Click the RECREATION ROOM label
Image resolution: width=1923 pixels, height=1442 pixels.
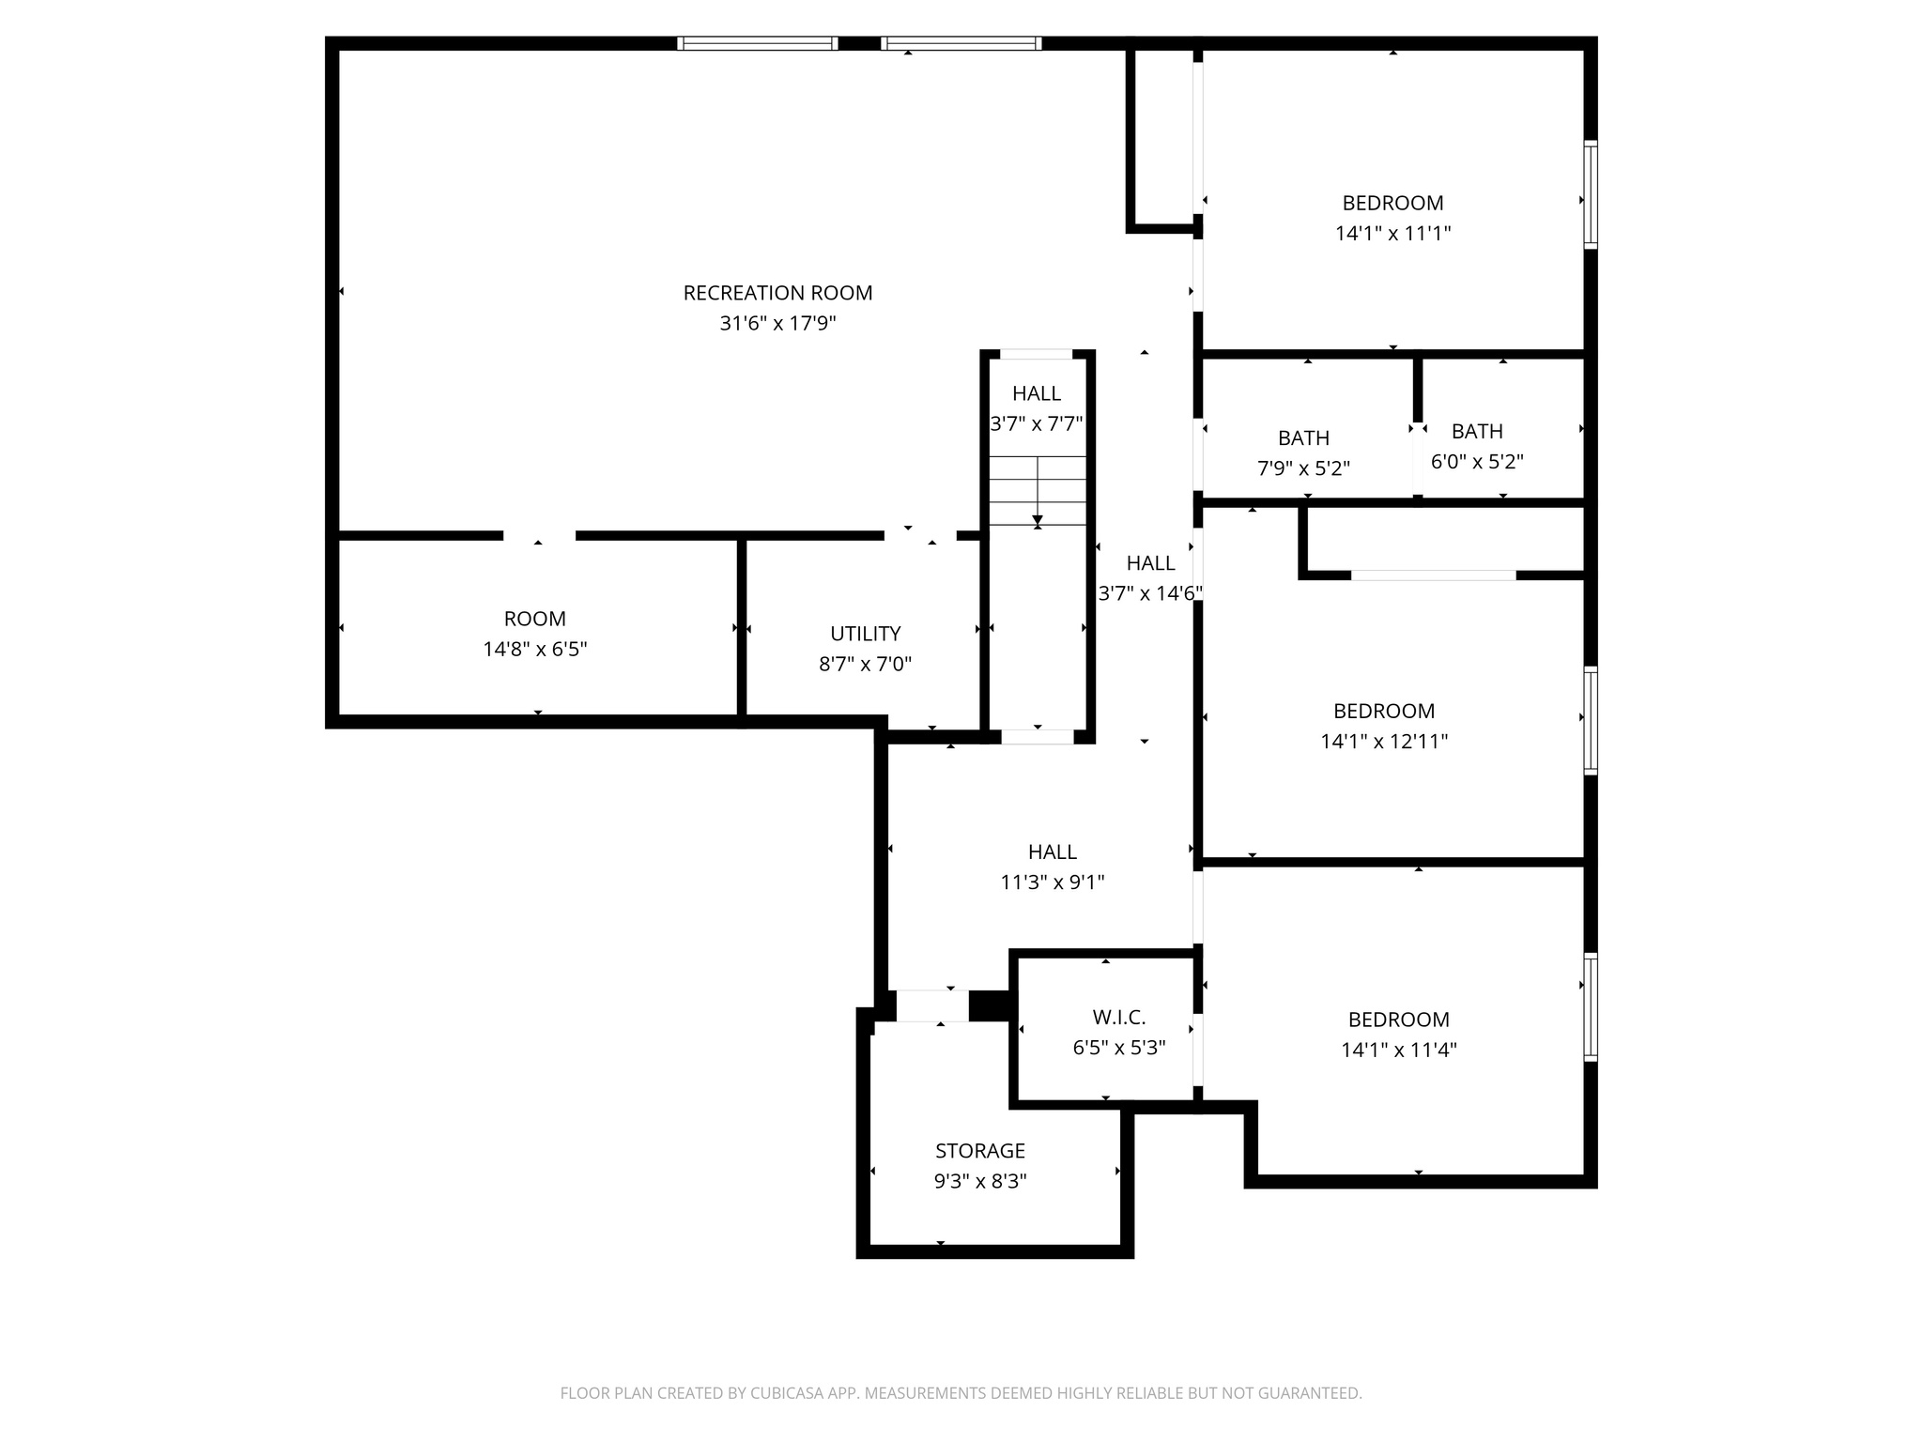coord(777,293)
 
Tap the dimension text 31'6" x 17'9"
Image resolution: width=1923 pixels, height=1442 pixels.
coord(777,324)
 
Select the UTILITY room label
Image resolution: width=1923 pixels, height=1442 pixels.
coord(865,634)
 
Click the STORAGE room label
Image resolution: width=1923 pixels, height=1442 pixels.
coord(979,1151)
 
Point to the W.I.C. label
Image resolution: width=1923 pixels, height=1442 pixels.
coord(1118,1018)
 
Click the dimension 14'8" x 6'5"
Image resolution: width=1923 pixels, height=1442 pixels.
coord(535,650)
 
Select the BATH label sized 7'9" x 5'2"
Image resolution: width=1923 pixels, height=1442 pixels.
coord(1303,438)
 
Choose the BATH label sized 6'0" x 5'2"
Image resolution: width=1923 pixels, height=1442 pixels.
coord(1477,432)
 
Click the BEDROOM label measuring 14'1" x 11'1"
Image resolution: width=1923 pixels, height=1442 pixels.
coord(1392,203)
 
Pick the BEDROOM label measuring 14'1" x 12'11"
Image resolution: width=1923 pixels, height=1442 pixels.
coord(1384,711)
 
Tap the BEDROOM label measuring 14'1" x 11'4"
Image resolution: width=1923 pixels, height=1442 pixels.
coord(1398,1020)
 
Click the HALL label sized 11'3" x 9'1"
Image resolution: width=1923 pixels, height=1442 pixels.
coord(1052,852)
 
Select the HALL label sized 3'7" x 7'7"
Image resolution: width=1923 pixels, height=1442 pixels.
coord(1037,393)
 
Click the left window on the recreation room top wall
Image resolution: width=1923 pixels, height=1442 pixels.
coord(757,43)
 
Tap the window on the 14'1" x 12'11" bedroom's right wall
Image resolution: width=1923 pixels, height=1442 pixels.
coord(1590,720)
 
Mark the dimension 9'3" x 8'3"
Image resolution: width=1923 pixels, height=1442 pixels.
coord(979,1182)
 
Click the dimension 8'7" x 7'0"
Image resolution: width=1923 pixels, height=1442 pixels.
coord(865,665)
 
